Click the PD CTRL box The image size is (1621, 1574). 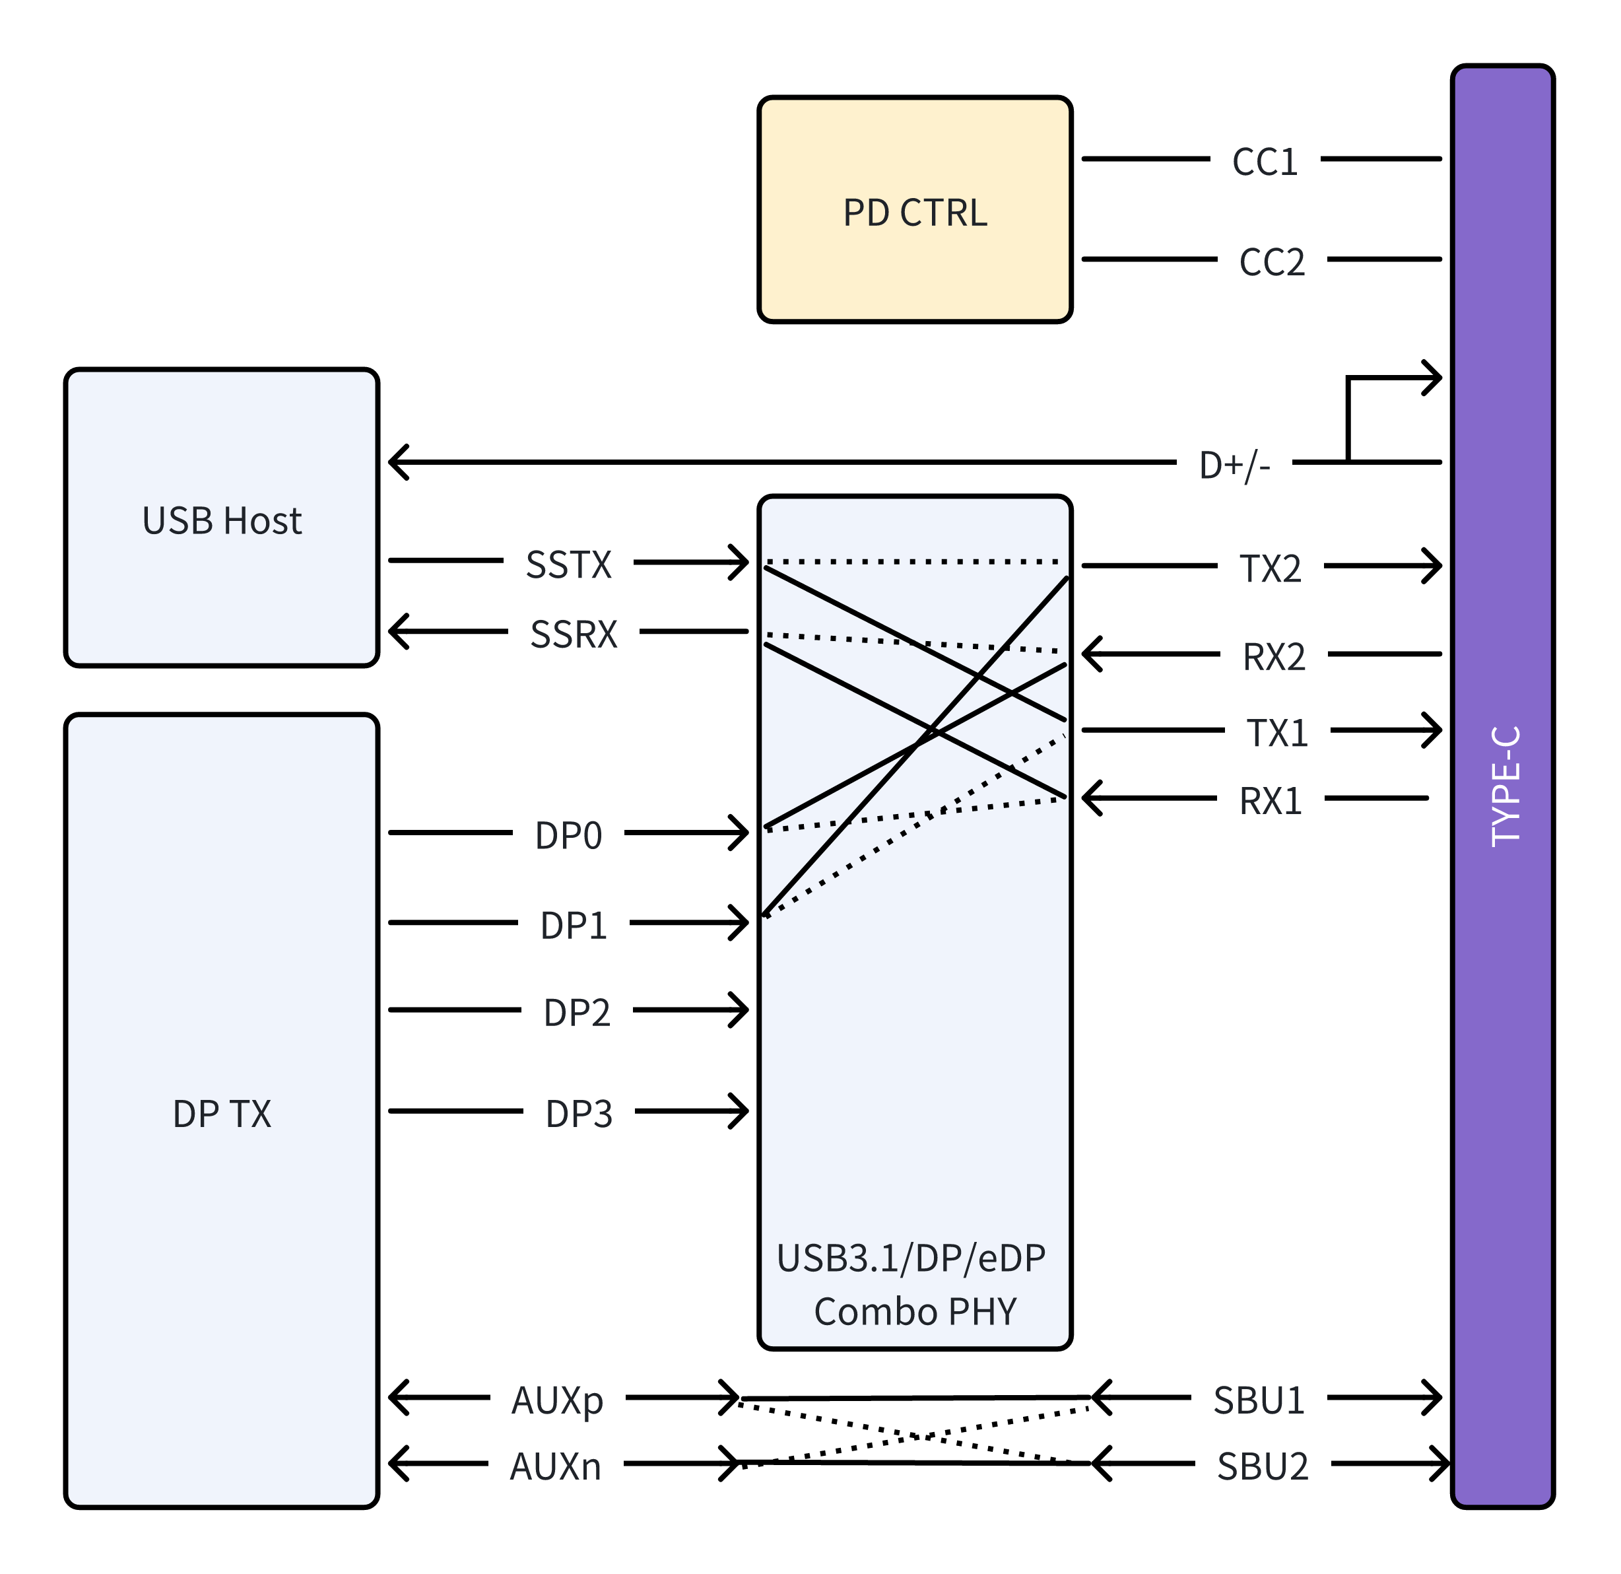915,210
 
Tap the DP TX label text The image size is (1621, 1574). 222,1113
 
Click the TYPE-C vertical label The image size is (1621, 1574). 1504,786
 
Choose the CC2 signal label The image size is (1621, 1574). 1271,262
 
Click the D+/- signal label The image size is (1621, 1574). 1234,465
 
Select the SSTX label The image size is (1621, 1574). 568,565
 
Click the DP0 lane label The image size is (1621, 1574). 568,835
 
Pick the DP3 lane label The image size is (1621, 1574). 578,1114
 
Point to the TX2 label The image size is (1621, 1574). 1271,569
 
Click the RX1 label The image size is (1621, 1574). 1271,801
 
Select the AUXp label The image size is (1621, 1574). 558,1400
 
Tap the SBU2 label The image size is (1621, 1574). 1263,1466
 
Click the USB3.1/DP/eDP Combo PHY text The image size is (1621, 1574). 913,1283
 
